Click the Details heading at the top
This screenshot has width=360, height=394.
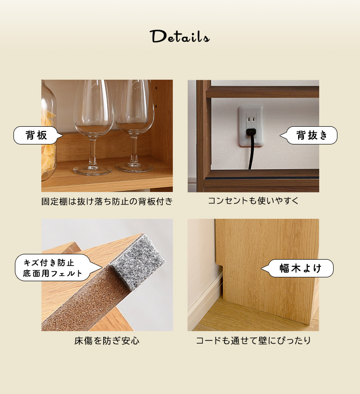[x=180, y=36]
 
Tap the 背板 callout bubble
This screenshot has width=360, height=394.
[x=38, y=135]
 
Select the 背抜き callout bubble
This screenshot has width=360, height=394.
[x=309, y=135]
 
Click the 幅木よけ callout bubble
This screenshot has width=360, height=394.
[x=298, y=268]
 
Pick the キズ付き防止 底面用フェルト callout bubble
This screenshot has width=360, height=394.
[x=55, y=268]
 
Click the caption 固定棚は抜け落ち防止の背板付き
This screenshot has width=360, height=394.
[x=107, y=202]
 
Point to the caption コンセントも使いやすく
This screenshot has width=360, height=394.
[x=253, y=201]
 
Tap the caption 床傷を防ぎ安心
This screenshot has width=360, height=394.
[x=107, y=341]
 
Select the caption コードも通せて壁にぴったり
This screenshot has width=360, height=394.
[x=253, y=341]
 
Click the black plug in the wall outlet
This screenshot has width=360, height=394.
[x=251, y=132]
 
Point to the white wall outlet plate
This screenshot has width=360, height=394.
[x=251, y=126]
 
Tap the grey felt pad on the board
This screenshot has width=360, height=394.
[x=138, y=262]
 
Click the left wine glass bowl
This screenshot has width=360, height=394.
[x=94, y=108]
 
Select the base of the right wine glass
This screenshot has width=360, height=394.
[x=134, y=167]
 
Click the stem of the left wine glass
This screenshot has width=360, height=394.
[x=93, y=150]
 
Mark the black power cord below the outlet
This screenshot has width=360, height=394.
[x=252, y=153]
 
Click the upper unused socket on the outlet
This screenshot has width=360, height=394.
[x=251, y=119]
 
